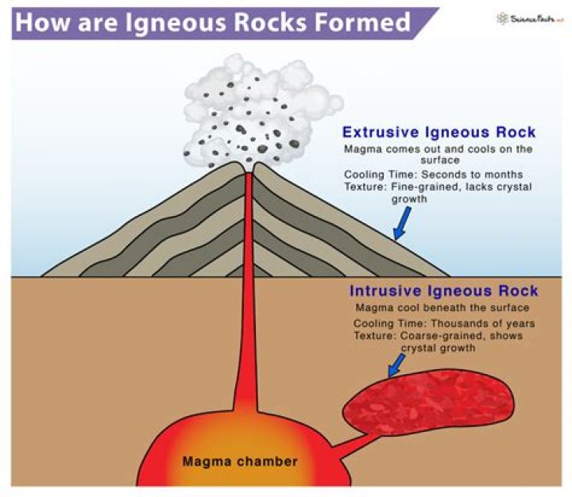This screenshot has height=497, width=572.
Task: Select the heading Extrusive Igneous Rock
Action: (x=439, y=133)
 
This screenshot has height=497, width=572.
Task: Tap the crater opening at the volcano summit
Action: (x=249, y=169)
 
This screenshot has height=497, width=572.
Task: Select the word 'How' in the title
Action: (x=37, y=21)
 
